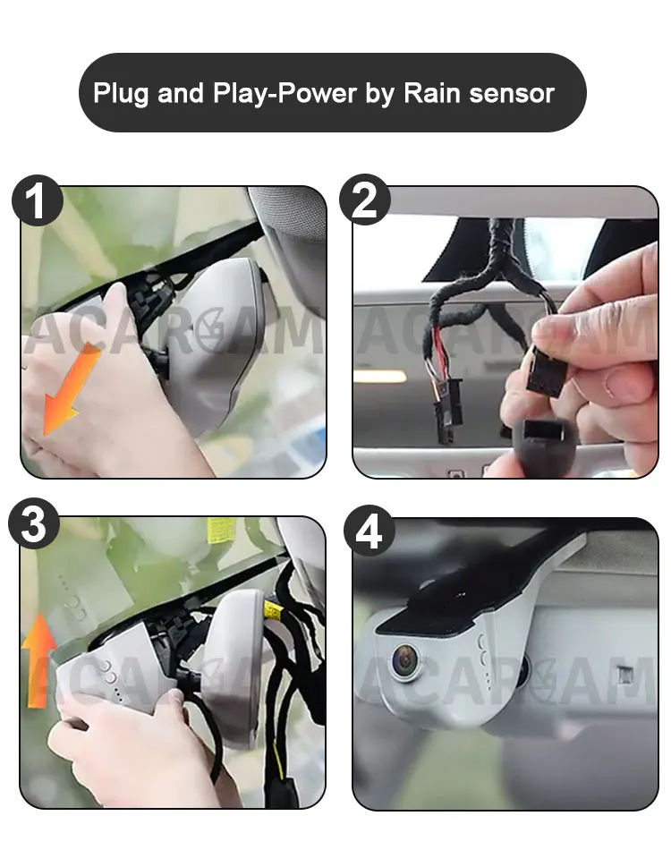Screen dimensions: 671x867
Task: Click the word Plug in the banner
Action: pos(121,94)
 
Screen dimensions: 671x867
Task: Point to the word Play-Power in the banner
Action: pos(285,94)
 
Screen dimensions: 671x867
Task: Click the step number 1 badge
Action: pos(38,200)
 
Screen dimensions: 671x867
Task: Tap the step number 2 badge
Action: pos(365,200)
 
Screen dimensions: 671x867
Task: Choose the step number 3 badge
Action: pos(34,523)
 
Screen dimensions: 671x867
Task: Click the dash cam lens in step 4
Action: pos(405,660)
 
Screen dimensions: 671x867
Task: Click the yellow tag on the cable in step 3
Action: pos(272,609)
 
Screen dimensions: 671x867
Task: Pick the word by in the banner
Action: pos(380,94)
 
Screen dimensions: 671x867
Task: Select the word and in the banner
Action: pos(181,93)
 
